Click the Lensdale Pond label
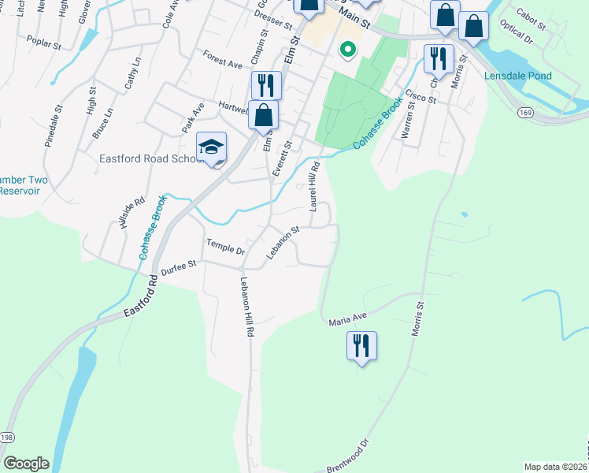pos(518,76)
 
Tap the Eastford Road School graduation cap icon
pos(211,147)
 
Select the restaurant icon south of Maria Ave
pos(361,346)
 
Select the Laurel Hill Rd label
pos(315,186)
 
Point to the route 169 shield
pos(524,114)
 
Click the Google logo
pos(26,464)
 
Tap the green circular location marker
pos(346,50)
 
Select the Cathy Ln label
pos(132,72)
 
